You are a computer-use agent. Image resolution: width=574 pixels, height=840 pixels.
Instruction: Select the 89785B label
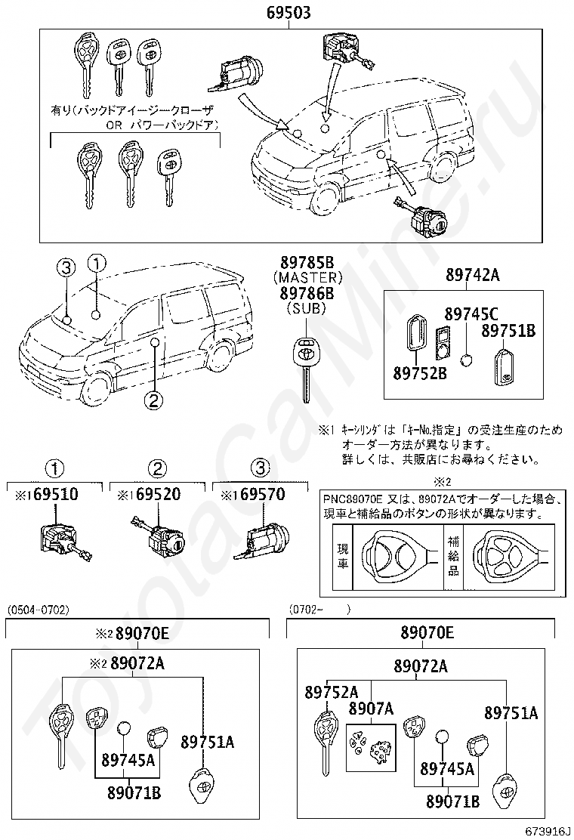tap(307, 263)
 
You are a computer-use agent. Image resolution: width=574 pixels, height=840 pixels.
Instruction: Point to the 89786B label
tap(307, 293)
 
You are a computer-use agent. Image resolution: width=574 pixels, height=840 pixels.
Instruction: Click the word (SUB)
tap(307, 308)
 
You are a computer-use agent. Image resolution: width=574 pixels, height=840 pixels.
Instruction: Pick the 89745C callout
tap(471, 313)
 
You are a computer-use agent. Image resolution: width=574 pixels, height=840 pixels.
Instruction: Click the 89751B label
tap(508, 331)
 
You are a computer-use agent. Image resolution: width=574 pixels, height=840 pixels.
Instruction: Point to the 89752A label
tap(332, 692)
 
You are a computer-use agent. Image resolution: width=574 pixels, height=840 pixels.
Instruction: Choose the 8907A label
tap(371, 709)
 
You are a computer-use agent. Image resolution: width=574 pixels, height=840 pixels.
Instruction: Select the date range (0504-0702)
tap(38, 608)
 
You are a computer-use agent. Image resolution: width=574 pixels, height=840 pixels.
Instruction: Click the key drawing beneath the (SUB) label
tap(307, 366)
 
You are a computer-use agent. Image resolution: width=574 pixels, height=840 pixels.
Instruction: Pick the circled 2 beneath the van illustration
tap(153, 400)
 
